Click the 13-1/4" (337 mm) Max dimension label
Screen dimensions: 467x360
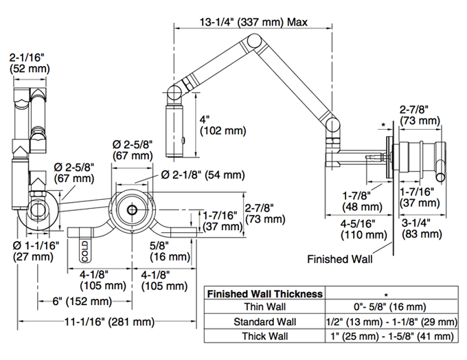(253, 22)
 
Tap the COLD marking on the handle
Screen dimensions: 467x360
(85, 251)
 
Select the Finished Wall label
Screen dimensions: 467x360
(340, 259)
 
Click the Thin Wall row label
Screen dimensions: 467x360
(265, 306)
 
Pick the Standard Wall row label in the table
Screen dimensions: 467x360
(265, 322)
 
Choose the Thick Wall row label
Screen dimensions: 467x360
(265, 336)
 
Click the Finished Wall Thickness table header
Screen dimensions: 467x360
(265, 294)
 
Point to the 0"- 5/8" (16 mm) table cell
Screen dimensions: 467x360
(390, 306)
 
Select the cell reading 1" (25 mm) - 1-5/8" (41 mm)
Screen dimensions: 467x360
(392, 337)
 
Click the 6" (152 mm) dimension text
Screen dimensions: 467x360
(82, 302)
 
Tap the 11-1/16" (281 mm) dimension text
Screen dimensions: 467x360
(110, 322)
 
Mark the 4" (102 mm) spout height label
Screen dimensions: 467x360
(223, 125)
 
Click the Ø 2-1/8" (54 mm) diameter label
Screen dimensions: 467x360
(203, 175)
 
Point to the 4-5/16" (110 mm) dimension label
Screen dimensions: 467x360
(364, 229)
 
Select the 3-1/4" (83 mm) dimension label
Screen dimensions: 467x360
(422, 228)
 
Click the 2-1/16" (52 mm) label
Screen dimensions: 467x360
(30, 63)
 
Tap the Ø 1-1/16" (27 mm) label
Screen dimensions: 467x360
(36, 251)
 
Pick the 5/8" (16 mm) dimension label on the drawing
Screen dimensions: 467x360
(170, 251)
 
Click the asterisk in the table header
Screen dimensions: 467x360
(386, 295)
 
